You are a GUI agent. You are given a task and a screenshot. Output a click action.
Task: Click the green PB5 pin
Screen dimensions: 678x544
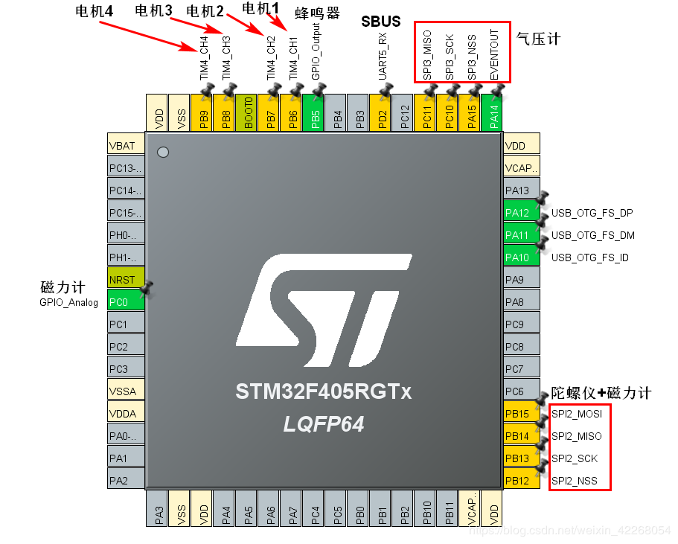point(313,112)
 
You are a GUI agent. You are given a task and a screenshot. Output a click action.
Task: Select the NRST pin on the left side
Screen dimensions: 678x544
point(126,280)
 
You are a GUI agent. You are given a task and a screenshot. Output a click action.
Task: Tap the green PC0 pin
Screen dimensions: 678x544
point(126,302)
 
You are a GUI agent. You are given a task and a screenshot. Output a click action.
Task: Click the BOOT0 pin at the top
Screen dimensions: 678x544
point(246,112)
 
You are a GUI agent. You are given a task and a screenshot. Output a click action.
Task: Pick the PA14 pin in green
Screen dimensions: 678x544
point(492,112)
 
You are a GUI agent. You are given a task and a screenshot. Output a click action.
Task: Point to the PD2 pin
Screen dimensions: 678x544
point(380,112)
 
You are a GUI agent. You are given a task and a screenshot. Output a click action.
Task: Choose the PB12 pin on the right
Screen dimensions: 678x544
point(522,481)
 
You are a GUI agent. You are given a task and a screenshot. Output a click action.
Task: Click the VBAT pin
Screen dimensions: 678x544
point(126,146)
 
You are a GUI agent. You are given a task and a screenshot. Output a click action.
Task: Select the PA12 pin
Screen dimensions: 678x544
point(522,213)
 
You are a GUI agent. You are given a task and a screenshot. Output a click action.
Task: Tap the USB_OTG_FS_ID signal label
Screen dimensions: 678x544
point(589,257)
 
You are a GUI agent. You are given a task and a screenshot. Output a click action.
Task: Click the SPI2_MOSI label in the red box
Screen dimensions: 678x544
point(577,414)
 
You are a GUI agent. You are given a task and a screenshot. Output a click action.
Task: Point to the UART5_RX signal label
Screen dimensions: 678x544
point(383,57)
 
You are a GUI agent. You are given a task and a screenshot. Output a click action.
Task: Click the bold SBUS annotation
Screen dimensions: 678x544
point(381,22)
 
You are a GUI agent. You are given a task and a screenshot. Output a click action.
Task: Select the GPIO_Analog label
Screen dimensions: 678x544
point(68,302)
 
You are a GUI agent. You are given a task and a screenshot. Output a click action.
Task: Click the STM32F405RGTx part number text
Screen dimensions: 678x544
point(324,391)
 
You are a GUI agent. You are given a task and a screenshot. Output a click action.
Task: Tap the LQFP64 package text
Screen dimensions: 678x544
point(324,424)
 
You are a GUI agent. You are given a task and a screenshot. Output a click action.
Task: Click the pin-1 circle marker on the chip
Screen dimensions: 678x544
point(163,153)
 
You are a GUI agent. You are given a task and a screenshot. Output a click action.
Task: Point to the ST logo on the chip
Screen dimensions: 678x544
point(324,310)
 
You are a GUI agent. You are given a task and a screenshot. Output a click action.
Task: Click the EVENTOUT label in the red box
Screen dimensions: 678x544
point(494,55)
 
